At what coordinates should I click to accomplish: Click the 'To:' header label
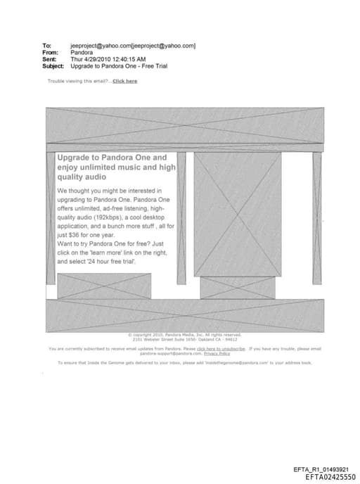tap(46, 46)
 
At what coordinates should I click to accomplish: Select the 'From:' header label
tap(49, 53)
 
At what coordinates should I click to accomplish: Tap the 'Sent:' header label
tap(49, 59)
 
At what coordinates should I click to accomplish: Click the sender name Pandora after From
tap(82, 53)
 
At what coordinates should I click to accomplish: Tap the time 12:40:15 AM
tap(129, 59)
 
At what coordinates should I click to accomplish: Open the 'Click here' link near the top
tap(125, 81)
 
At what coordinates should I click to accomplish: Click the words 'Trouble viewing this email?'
tap(78, 81)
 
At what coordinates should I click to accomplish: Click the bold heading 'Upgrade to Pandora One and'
tap(112, 158)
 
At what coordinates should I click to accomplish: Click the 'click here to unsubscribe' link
tap(221, 348)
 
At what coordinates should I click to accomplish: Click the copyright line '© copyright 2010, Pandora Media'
tap(168, 335)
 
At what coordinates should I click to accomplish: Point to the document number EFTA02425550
tap(330, 477)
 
